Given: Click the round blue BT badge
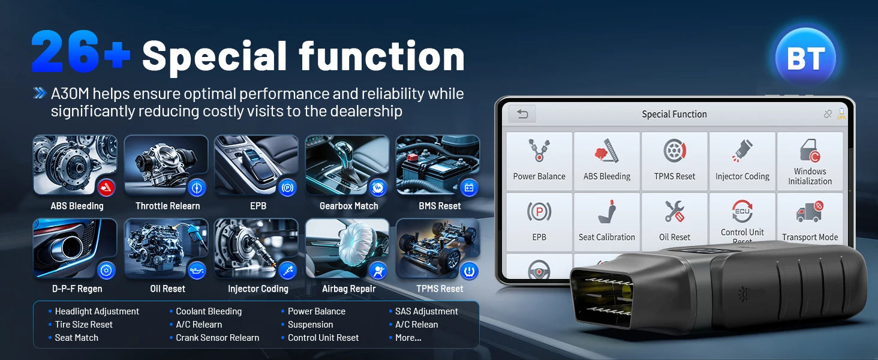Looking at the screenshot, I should click(x=805, y=58).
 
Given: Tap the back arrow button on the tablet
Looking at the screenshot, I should click(x=522, y=114).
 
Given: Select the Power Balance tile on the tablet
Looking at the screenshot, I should click(x=539, y=161).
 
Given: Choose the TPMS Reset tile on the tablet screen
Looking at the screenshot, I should click(x=675, y=161).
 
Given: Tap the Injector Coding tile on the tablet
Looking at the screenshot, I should click(x=742, y=161).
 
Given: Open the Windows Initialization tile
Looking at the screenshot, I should click(x=810, y=161).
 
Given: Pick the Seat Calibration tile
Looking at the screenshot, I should click(x=606, y=221).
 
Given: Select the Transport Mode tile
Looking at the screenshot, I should click(x=810, y=221).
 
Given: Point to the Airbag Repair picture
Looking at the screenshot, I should click(x=347, y=249).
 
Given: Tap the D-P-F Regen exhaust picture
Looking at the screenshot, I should click(x=75, y=249).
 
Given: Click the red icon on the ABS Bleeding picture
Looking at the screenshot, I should click(x=106, y=188).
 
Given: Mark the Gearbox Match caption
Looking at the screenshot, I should click(x=348, y=206).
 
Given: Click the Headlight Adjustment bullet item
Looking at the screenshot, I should click(x=97, y=311).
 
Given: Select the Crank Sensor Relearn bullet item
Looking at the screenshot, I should click(x=217, y=338).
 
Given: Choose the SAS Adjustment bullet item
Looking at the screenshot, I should click(x=426, y=311).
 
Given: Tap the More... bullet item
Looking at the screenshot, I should click(x=408, y=338).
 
